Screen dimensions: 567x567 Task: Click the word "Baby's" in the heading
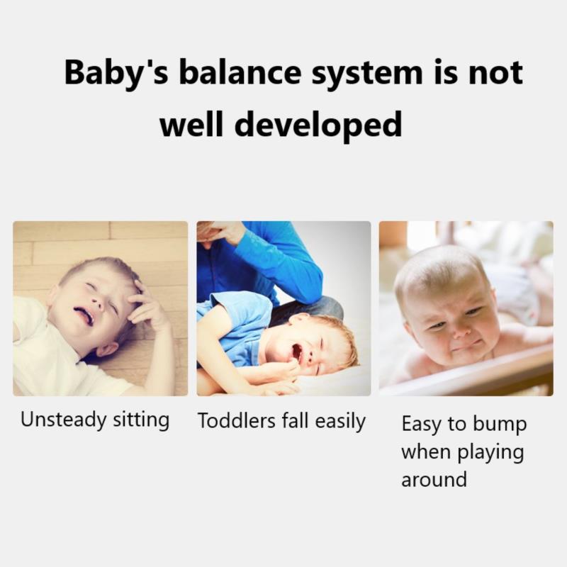click(114, 74)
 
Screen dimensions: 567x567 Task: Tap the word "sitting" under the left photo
click(141, 420)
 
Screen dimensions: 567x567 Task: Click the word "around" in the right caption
click(434, 479)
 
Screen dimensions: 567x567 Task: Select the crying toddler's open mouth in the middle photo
click(296, 352)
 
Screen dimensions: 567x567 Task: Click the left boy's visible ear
click(108, 350)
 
